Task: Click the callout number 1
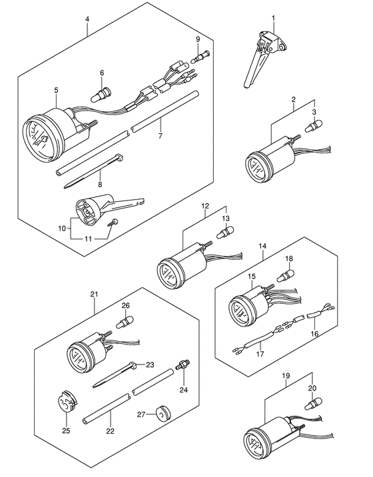273,18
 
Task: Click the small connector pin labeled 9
200,57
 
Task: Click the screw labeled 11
113,223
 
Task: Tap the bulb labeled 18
285,276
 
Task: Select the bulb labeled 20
313,403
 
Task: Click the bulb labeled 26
125,322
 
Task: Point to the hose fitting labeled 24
183,364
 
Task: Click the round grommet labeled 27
163,413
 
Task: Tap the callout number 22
110,431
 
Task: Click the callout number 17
260,354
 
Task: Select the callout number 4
87,19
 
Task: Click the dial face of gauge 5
39,137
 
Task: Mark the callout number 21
94,294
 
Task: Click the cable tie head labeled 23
133,365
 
